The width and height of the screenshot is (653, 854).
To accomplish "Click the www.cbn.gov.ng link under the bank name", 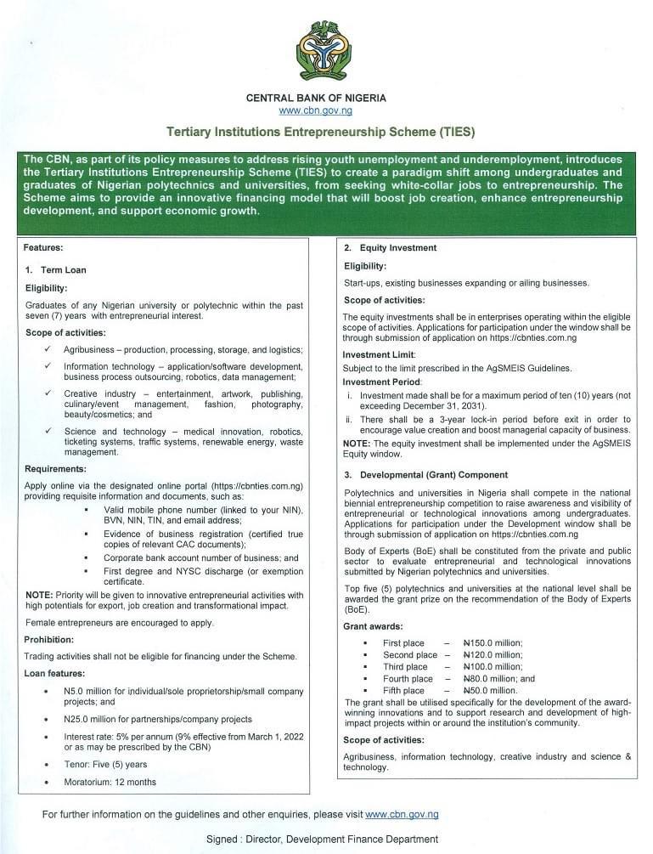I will (315, 110).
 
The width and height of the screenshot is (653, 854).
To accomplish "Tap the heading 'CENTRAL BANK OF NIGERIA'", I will (315, 98).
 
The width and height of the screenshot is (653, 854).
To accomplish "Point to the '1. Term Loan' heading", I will (56, 269).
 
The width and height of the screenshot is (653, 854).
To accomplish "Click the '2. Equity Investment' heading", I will (390, 248).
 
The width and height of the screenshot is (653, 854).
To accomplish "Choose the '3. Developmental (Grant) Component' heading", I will (425, 474).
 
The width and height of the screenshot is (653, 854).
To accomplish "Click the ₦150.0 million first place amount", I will (493, 643).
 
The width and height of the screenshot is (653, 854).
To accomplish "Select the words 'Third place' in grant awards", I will (405, 667).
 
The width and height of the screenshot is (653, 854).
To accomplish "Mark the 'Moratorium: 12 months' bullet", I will (110, 782).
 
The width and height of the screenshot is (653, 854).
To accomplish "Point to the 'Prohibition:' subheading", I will (49, 639).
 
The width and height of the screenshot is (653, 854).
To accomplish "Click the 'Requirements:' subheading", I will (55, 468).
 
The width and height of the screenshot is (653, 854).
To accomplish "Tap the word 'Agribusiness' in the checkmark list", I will (92, 350).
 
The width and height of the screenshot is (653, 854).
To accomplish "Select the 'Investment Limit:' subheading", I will (379, 354).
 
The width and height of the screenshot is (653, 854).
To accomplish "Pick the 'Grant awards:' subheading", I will (373, 626).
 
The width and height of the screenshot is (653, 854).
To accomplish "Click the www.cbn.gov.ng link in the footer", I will (402, 814).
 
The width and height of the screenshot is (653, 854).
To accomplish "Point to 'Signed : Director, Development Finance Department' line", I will (322, 839).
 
